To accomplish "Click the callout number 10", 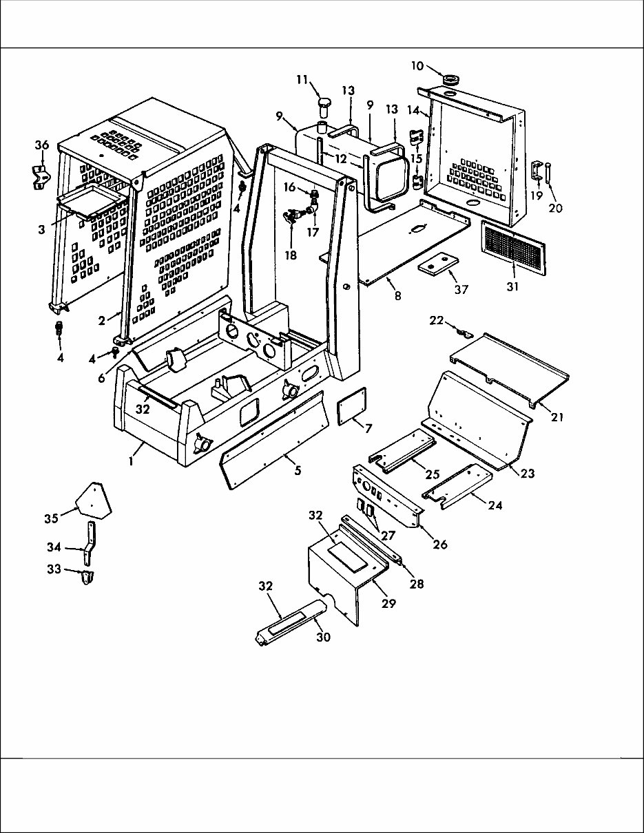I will (x=417, y=66).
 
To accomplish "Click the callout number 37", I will (x=461, y=289).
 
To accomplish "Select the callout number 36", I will (x=42, y=145).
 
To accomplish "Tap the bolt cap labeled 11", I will (x=324, y=105).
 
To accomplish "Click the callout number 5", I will (x=298, y=471).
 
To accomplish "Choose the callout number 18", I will (x=290, y=255).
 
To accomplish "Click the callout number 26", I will (x=439, y=545).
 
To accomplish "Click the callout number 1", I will (x=130, y=461).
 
